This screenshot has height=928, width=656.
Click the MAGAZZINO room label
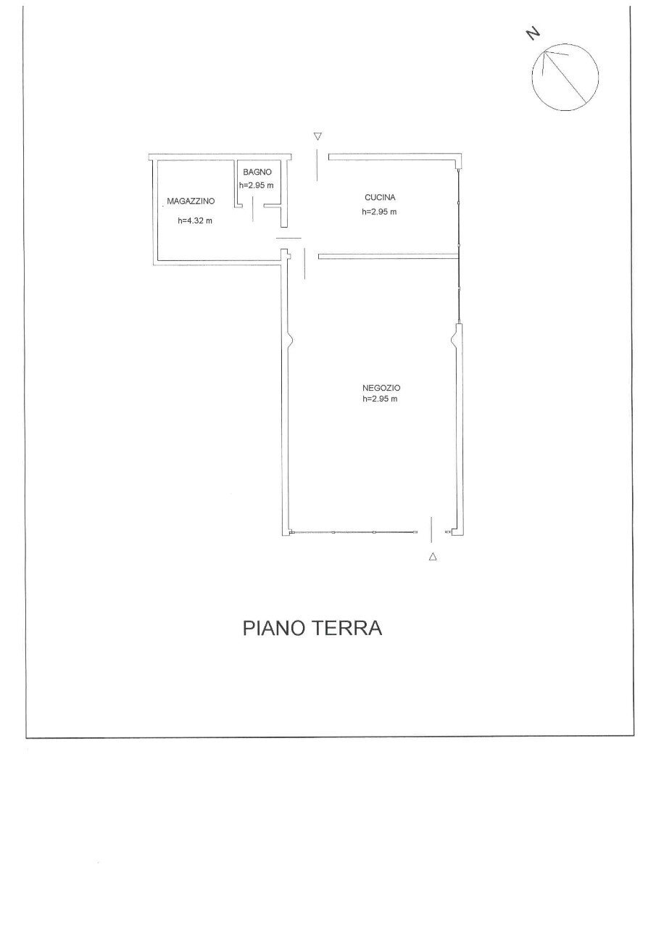tap(189, 201)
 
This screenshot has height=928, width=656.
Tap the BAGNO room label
tap(257, 173)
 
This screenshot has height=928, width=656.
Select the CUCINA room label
tap(379, 197)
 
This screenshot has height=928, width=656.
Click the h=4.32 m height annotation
tap(195, 221)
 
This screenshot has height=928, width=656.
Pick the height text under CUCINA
tap(379, 212)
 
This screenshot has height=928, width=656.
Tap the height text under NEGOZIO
tap(380, 399)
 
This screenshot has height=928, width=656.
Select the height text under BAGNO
tap(257, 185)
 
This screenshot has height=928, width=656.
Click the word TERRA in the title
tap(346, 628)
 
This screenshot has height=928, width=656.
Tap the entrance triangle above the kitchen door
tap(317, 136)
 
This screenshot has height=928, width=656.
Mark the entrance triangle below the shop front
tap(433, 557)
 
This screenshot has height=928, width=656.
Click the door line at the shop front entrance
tap(432, 529)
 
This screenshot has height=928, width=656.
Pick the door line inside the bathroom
tap(252, 210)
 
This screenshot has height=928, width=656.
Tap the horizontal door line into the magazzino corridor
tap(288, 238)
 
